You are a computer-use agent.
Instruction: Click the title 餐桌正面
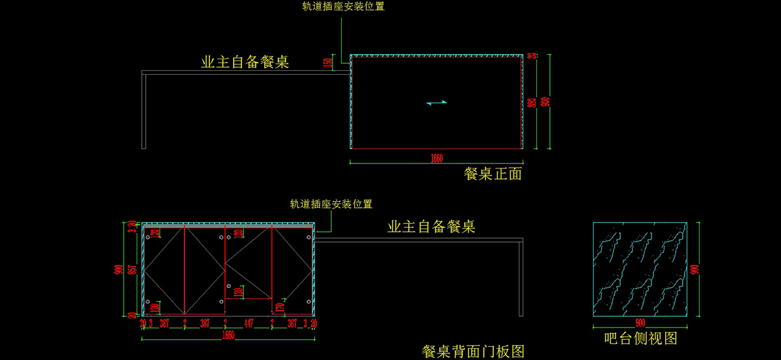click(x=493, y=174)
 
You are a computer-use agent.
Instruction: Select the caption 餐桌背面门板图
click(x=473, y=352)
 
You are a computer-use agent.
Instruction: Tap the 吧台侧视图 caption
click(x=640, y=339)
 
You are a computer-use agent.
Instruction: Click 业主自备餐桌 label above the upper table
click(x=245, y=62)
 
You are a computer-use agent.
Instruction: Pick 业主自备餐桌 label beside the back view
click(x=432, y=227)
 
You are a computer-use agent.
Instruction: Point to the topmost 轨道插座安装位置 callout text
click(x=342, y=7)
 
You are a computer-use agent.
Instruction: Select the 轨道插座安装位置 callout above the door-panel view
click(x=331, y=204)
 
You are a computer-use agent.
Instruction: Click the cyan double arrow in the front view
click(x=437, y=102)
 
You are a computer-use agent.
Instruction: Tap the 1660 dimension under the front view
click(x=436, y=158)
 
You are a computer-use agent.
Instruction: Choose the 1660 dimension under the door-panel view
click(x=228, y=335)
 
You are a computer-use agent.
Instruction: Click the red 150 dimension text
click(x=328, y=63)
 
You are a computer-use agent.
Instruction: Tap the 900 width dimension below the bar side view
click(x=640, y=323)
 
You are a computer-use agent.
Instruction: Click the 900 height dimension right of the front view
click(x=545, y=102)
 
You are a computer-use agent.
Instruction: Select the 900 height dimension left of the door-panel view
click(x=119, y=270)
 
